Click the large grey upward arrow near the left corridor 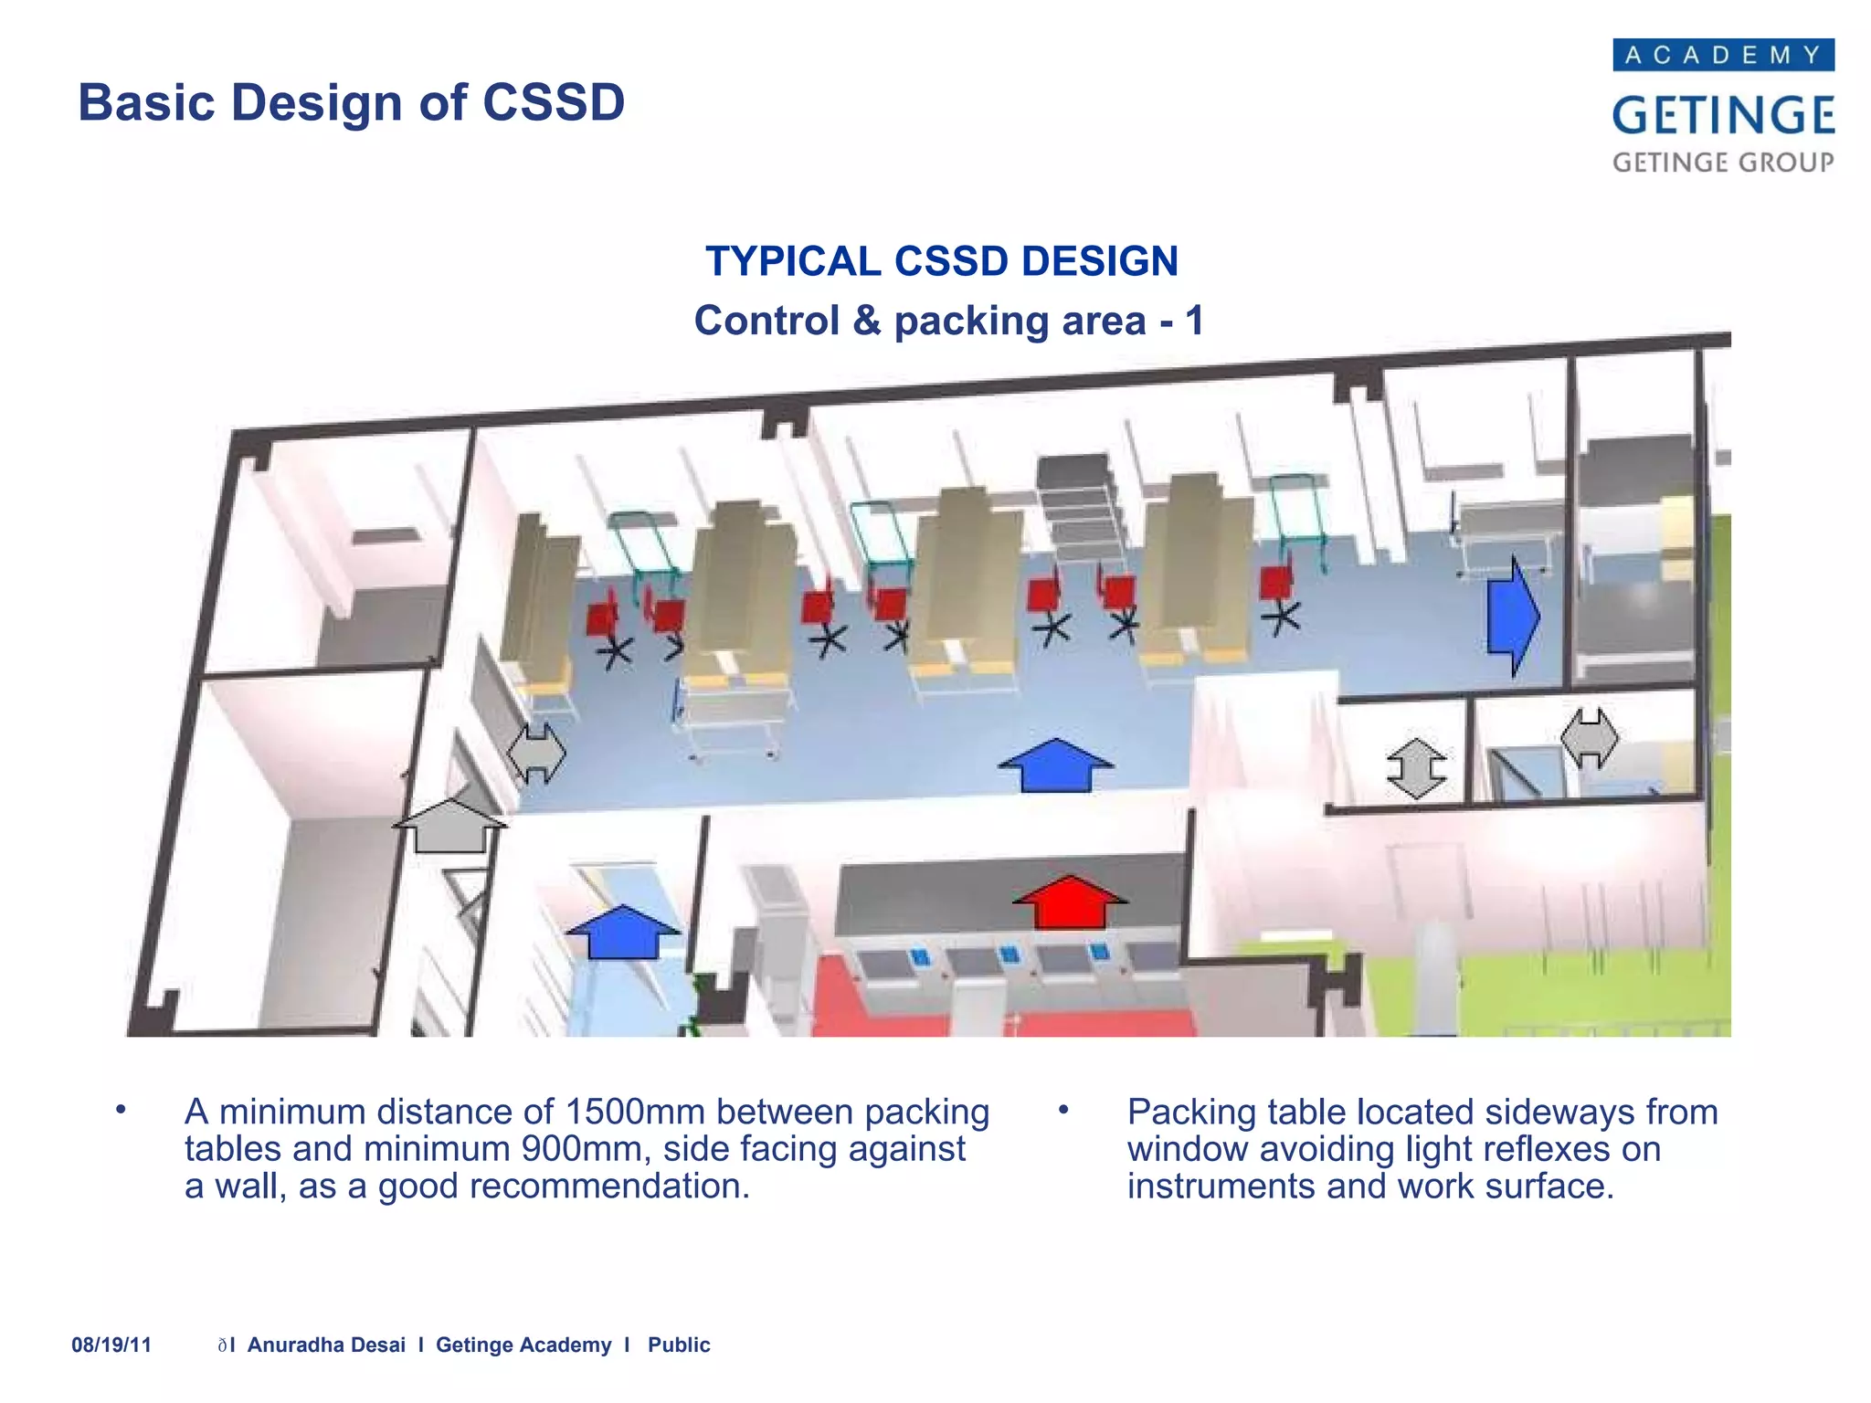pos(449,826)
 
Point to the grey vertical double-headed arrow pos(1416,768)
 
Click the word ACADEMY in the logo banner pos(1723,56)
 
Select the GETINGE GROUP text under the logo pos(1723,163)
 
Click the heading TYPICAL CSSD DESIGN pos(941,261)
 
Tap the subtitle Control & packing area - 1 pos(948,321)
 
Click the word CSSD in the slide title pos(554,102)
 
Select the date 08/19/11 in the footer pos(111,1345)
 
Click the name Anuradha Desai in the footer pos(326,1345)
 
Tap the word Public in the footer pos(679,1345)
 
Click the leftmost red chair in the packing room pos(602,618)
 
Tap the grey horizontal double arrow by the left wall pos(536,753)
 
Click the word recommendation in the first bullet pos(609,1187)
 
